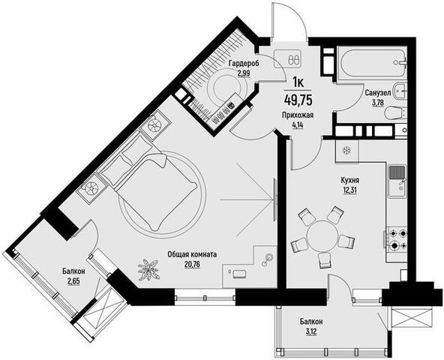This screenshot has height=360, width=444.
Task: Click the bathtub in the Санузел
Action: click(x=373, y=63)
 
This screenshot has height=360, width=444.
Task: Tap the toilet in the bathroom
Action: click(x=395, y=113)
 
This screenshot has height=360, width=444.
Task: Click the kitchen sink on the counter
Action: click(x=397, y=181)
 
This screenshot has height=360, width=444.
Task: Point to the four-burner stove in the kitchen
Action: click(x=397, y=239)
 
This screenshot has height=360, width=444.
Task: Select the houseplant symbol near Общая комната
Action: click(x=148, y=269)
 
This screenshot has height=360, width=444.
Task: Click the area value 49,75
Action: click(x=298, y=100)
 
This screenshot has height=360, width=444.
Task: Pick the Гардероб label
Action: click(x=244, y=63)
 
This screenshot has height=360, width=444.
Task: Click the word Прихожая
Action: click(x=297, y=115)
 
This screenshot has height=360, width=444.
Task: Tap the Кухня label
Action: click(x=350, y=180)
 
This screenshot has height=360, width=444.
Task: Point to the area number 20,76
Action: click(x=192, y=264)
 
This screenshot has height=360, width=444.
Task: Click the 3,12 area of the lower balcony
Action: click(x=311, y=331)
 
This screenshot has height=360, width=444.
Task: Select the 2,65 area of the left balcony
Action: click(x=73, y=281)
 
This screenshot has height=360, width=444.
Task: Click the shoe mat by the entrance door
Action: click(x=288, y=58)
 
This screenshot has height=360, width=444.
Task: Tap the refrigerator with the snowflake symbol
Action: click(x=346, y=151)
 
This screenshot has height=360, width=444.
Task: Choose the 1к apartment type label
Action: click(x=298, y=82)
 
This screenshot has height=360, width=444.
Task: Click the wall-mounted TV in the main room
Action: click(x=275, y=199)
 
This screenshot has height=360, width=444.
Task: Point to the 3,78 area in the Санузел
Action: click(x=378, y=102)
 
